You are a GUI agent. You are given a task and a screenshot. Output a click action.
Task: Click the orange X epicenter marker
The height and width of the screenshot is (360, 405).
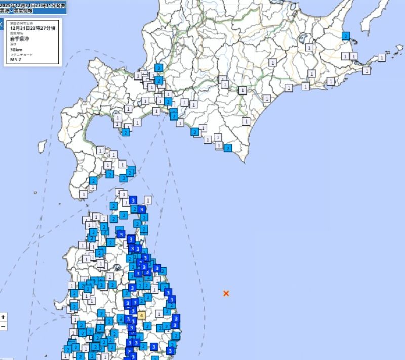click(x=226, y=293)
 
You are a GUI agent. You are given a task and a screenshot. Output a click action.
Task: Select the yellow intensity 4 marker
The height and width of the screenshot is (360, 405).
click(x=142, y=315)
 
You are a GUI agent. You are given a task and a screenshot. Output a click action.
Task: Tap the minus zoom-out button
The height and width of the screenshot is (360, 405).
click(x=4, y=327)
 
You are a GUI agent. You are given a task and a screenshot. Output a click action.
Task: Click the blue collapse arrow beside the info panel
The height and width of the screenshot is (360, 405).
click(x=2, y=24)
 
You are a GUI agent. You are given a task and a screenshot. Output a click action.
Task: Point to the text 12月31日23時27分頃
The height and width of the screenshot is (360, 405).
click(x=32, y=28)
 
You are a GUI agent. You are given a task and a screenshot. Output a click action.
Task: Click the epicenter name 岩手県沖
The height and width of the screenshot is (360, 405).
click(x=20, y=38)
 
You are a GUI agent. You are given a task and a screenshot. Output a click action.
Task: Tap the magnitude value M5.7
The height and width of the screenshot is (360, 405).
click(x=17, y=60)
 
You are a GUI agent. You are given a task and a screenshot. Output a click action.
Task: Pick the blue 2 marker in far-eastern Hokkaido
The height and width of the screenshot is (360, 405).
click(x=346, y=36)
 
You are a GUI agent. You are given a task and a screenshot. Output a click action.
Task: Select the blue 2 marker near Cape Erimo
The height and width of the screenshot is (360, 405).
click(x=228, y=148)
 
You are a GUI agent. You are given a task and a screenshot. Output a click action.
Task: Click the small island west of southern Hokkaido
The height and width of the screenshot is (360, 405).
click(x=43, y=146)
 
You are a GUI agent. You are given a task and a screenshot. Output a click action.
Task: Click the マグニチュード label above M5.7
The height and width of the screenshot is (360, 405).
click(x=20, y=55)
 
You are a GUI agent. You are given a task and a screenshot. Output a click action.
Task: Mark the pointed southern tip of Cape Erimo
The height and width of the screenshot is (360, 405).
click(x=244, y=162)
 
